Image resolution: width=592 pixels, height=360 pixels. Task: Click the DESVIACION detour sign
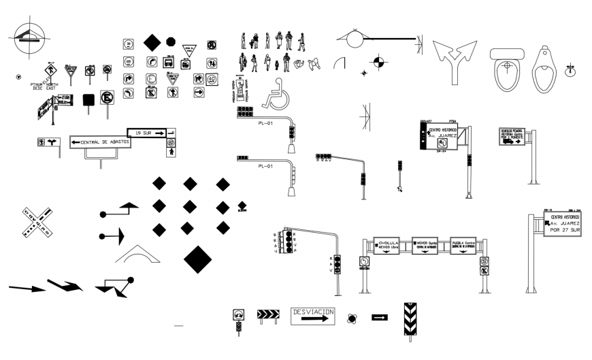pyautogui.click(x=313, y=315)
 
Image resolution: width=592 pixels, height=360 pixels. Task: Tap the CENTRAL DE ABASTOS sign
pyautogui.click(x=100, y=142)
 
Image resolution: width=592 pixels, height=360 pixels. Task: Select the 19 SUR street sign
pyautogui.click(x=146, y=133)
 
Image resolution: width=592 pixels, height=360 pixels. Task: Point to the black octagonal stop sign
pyautogui.click(x=171, y=42)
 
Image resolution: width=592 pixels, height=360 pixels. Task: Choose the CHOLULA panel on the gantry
pyautogui.click(x=388, y=245)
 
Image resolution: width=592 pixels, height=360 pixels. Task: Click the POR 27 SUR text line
pyautogui.click(x=563, y=231)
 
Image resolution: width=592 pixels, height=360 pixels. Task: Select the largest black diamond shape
pyautogui.click(x=197, y=259)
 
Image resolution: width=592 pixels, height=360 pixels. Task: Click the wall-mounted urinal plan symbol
pyautogui.click(x=543, y=69)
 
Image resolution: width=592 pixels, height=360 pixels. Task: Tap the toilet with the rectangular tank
pyautogui.click(x=505, y=69)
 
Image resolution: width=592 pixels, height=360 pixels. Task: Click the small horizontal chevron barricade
pyautogui.click(x=267, y=314)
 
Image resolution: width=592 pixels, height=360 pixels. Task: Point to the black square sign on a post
pyautogui.click(x=88, y=100)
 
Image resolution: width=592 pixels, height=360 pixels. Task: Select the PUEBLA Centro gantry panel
pyautogui.click(x=463, y=245)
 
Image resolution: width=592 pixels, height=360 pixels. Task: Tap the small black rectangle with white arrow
pyautogui.click(x=380, y=317)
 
